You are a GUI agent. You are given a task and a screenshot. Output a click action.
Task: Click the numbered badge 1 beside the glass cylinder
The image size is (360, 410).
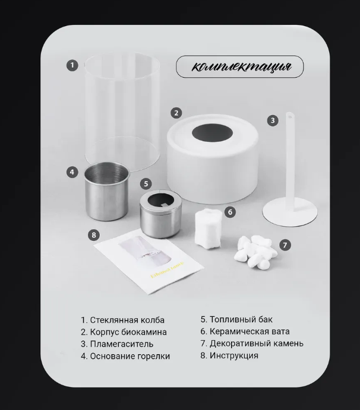coord(72,65)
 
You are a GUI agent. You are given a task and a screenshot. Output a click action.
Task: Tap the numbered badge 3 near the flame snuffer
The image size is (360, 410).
coord(273,120)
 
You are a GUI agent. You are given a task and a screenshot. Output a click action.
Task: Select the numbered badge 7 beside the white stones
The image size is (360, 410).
coord(285,245)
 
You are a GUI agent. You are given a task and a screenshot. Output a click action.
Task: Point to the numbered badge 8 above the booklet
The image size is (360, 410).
coord(94,235)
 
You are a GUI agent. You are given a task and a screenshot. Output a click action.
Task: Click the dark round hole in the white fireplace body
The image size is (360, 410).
coord(212,132)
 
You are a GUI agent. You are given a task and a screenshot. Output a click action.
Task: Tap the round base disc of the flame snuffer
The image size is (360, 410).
coord(290,212)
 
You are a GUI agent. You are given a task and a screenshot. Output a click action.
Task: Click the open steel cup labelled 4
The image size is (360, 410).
coord(108,191)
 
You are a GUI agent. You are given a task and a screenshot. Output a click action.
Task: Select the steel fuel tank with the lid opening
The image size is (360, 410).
coord(161,214)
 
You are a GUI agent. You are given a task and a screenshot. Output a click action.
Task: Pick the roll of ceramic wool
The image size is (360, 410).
coord(209,229)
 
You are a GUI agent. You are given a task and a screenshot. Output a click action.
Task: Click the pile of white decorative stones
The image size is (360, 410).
coord(255,252)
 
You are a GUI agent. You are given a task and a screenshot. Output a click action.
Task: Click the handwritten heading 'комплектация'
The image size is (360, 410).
coord(241,66)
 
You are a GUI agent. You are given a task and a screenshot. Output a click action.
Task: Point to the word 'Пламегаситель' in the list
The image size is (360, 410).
coord(121,344)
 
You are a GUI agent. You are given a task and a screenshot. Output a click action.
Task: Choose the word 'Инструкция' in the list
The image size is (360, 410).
coord(234,355)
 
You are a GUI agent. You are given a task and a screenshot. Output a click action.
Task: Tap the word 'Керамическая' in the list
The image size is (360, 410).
coord(238,332)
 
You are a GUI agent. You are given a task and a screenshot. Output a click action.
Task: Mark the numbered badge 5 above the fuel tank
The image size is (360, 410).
coord(146,184)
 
